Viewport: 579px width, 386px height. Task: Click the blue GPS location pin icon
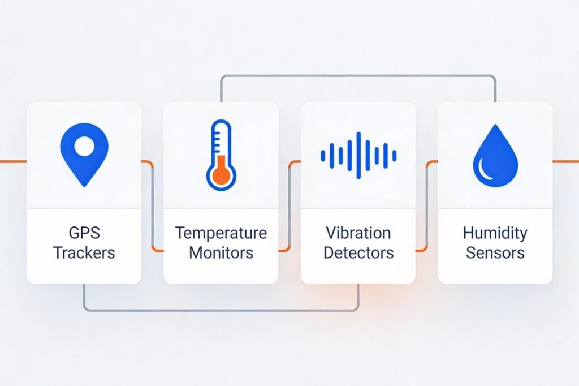pyautogui.click(x=84, y=155)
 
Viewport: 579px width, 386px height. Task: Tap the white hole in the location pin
pyautogui.click(x=84, y=146)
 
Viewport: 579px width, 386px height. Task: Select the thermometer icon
pyautogui.click(x=221, y=155)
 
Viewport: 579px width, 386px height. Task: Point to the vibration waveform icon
pyautogui.click(x=358, y=155)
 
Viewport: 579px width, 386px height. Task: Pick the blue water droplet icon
pyautogui.click(x=495, y=155)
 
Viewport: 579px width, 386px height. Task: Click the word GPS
pyautogui.click(x=84, y=233)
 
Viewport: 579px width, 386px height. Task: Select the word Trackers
pyautogui.click(x=84, y=253)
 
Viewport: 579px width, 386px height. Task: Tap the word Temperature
pyautogui.click(x=221, y=233)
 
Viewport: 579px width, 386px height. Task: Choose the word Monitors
pyautogui.click(x=221, y=253)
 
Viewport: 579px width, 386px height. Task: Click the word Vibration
pyautogui.click(x=358, y=233)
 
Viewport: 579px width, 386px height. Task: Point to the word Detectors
pyautogui.click(x=358, y=253)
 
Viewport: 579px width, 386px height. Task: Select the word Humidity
pyautogui.click(x=495, y=234)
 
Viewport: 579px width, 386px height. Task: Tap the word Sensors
pyautogui.click(x=495, y=253)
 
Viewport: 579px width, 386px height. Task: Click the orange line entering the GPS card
pyautogui.click(x=14, y=161)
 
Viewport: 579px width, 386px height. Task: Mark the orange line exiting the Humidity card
pyautogui.click(x=565, y=161)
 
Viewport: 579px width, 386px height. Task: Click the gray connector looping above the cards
pyautogui.click(x=358, y=76)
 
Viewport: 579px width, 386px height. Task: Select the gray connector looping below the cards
pyautogui.click(x=221, y=310)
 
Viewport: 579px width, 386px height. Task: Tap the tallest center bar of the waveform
pyautogui.click(x=358, y=155)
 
